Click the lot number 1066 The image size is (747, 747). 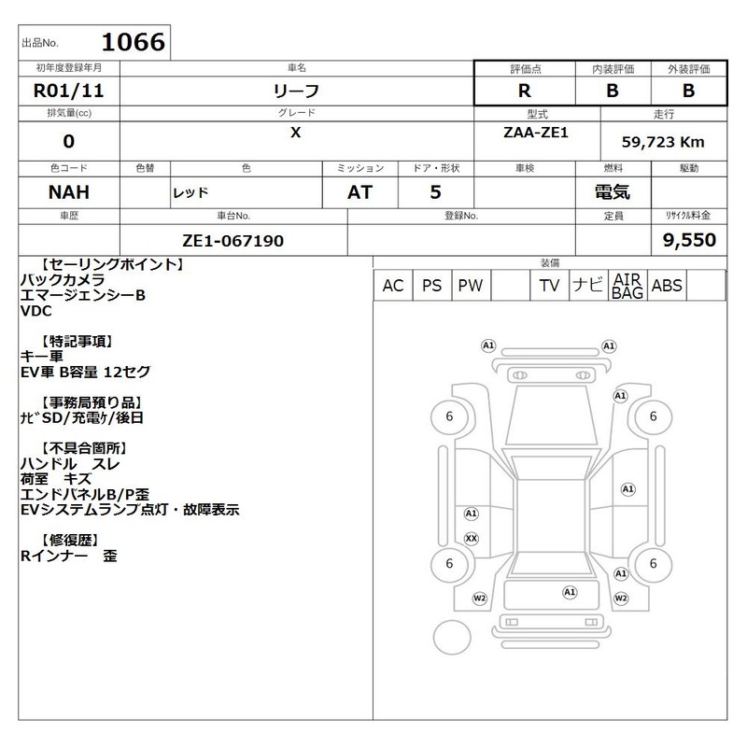pos(134,42)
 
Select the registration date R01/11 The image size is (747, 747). pos(68,91)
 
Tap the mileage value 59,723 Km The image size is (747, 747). pos(663,142)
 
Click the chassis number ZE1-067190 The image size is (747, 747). pos(233,241)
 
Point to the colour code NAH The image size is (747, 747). pos(68,192)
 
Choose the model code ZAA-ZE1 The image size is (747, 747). pos(536,133)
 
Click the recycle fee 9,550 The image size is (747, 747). pos(689,240)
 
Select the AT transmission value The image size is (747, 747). pos(359,192)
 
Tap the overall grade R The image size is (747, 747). pos(525,91)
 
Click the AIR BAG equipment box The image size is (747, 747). pos(627,286)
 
